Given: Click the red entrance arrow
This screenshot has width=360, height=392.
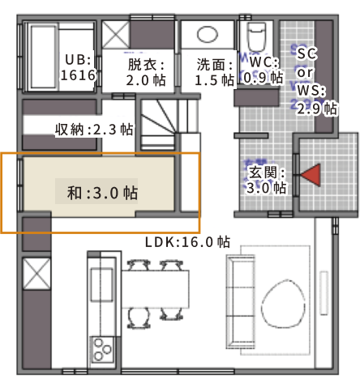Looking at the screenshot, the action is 312,175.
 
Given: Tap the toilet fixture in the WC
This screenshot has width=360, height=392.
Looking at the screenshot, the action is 255,36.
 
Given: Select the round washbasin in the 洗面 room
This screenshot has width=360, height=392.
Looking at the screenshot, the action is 208,35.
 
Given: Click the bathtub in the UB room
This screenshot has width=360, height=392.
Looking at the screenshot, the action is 43,57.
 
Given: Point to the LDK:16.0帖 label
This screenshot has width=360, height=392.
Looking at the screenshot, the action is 188,242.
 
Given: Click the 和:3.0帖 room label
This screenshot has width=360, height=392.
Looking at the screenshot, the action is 102,193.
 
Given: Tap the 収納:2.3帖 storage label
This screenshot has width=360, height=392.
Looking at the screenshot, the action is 94,130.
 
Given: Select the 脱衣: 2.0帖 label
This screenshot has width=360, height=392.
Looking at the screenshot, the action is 146,72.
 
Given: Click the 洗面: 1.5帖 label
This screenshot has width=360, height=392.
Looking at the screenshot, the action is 215,72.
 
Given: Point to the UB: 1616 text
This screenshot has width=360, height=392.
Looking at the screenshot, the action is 79,67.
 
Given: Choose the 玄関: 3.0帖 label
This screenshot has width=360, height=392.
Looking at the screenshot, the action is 266,180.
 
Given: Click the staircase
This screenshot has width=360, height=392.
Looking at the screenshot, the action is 158,124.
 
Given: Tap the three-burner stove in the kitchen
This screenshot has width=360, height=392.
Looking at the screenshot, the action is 102,350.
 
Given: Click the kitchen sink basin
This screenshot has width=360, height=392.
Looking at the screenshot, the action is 101,285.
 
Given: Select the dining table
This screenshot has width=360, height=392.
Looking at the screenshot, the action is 155,289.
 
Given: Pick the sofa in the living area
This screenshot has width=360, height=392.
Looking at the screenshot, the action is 240,302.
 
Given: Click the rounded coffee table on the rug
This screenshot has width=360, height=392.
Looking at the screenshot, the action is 283,304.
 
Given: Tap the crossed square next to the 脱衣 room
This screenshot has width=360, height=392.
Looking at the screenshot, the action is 116,35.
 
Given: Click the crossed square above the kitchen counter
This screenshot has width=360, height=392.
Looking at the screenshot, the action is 36,274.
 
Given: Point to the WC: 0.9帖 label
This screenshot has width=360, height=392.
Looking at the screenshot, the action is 264,70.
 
